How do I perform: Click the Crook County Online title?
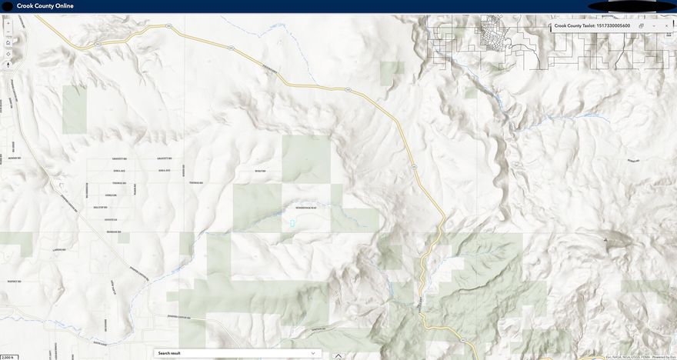(x=45, y=6)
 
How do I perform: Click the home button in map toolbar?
(x=8, y=43)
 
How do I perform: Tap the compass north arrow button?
(x=8, y=65)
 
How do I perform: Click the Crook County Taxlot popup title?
(x=592, y=25)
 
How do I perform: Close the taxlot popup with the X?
(x=666, y=25)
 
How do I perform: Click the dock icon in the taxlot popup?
(x=641, y=25)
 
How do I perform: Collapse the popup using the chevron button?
(x=654, y=25)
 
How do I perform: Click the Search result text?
(x=168, y=353)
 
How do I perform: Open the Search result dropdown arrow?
(x=312, y=353)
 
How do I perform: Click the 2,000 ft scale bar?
(x=8, y=357)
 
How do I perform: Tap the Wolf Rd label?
(x=259, y=171)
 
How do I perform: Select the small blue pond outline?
(x=292, y=224)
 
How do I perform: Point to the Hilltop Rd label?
(x=100, y=208)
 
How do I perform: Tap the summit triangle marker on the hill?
(x=605, y=240)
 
